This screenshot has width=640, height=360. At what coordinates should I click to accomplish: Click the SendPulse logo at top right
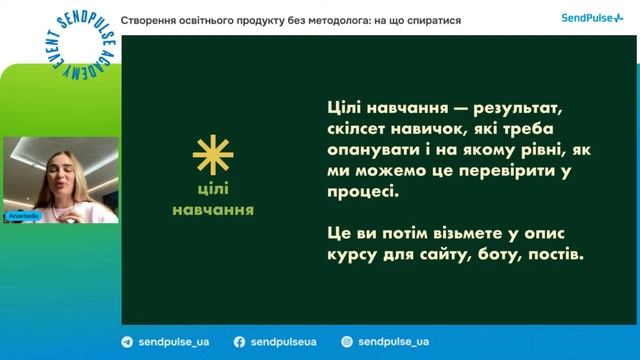point(592,19)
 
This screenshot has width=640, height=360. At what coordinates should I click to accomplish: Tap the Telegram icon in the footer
point(126,341)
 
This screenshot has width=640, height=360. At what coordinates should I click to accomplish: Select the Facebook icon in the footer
point(240,341)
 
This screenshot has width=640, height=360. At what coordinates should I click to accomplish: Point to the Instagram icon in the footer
point(346,341)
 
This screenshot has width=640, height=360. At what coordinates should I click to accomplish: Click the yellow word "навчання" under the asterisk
point(212,211)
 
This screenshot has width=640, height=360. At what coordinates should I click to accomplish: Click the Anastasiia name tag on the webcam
point(25,214)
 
